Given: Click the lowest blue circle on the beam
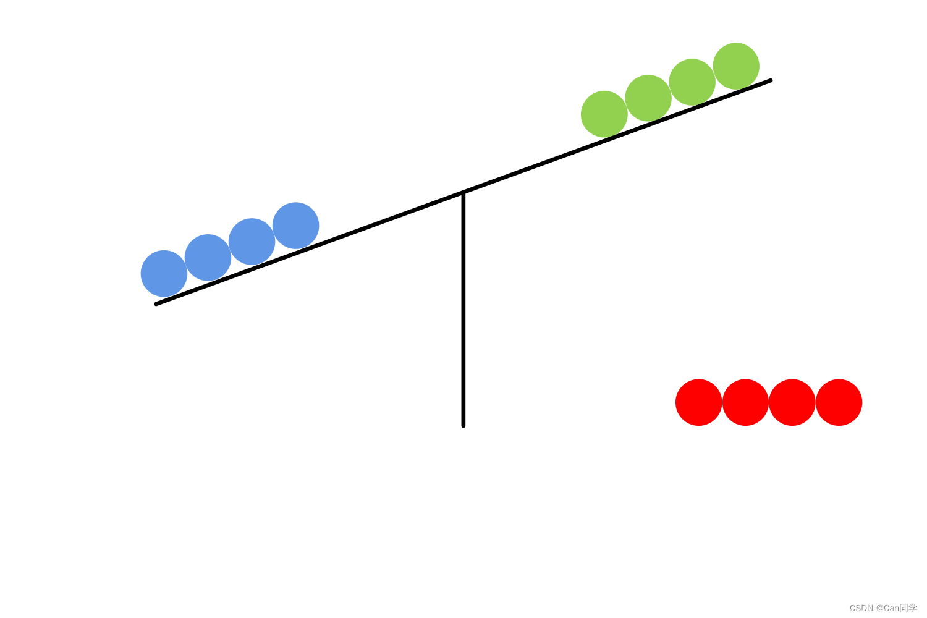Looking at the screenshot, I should [164, 273].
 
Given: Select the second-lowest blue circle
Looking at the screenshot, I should [208, 257].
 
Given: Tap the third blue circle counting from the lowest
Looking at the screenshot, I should [252, 241].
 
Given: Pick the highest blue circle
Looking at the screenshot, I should [295, 226].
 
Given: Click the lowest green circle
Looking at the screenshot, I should [604, 114].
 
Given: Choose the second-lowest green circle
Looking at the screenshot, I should [648, 98].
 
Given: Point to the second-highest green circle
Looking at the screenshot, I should [692, 82].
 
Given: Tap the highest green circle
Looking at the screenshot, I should [736, 66].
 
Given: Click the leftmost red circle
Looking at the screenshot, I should [699, 402].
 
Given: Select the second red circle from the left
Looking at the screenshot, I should [745, 402].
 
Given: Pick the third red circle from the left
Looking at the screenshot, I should [792, 402].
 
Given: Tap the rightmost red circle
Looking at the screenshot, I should [839, 402].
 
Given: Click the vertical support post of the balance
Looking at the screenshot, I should [463, 309].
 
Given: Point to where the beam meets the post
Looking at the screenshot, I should [463, 193].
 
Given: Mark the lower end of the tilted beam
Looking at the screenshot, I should [157, 303].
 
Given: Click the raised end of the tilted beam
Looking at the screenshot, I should [770, 81].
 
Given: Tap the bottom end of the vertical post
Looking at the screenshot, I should [463, 425].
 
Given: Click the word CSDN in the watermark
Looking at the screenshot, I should [861, 608].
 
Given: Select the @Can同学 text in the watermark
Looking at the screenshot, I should [897, 608].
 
